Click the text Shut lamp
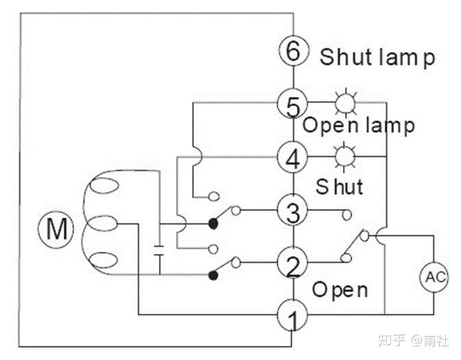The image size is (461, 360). (x=377, y=57)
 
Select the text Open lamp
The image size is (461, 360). (x=358, y=125)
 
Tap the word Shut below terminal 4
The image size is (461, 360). (x=339, y=186)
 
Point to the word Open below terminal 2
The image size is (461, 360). (x=340, y=290)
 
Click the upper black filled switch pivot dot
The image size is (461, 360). (x=213, y=224)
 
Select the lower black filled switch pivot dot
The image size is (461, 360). (x=213, y=275)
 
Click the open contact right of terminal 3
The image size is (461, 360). (x=347, y=215)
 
